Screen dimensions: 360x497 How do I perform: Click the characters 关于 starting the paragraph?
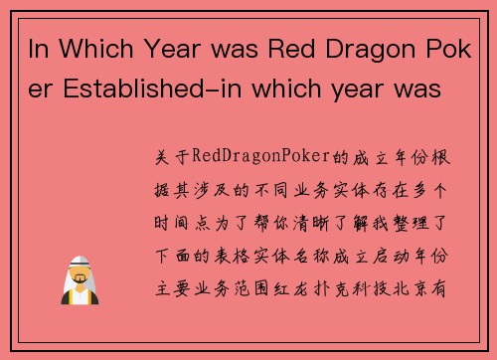click(x=171, y=157)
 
